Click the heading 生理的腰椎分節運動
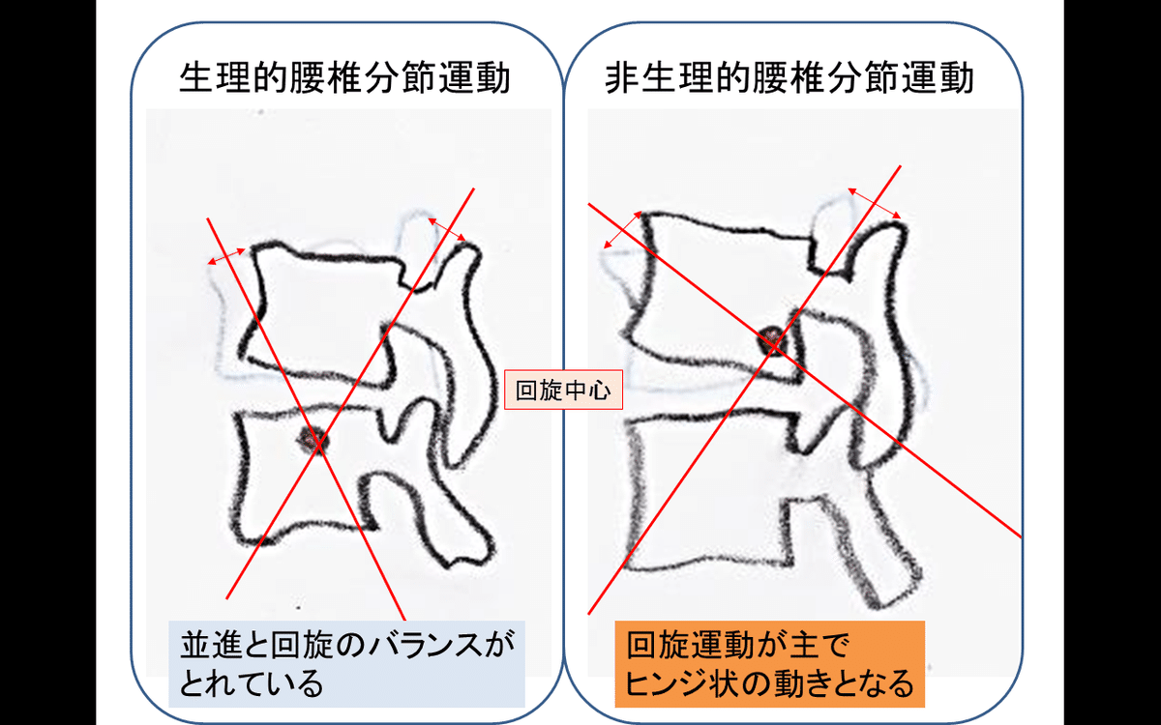[x=345, y=79]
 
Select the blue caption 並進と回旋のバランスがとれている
[x=346, y=664]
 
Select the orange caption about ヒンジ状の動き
[x=769, y=664]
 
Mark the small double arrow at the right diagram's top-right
[x=875, y=203]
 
